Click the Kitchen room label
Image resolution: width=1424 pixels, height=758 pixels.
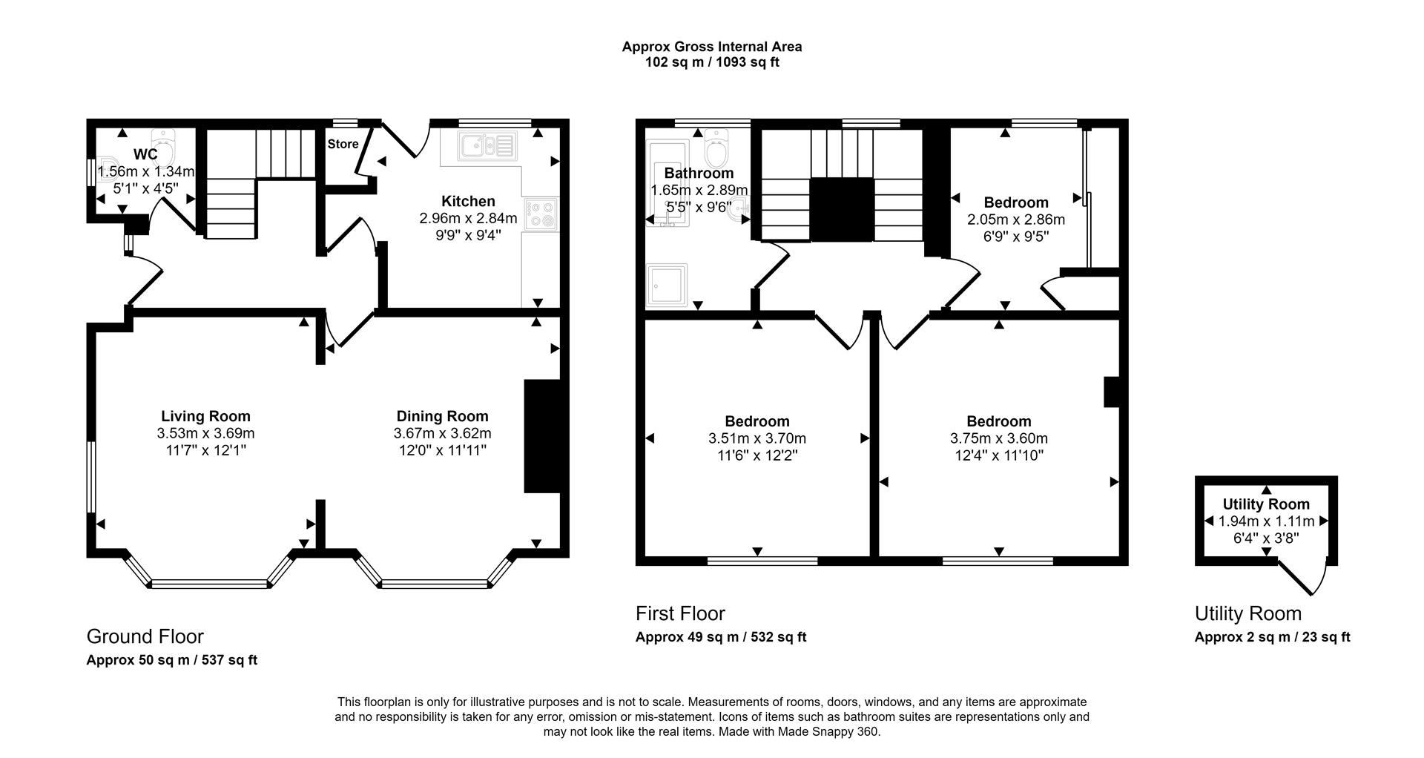(468, 201)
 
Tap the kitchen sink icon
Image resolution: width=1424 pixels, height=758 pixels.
(487, 146)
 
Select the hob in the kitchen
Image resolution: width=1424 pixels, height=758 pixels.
(541, 214)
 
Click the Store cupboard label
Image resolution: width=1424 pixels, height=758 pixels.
(343, 144)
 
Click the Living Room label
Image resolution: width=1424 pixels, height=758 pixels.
(205, 416)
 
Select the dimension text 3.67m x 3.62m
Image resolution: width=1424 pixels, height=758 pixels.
(442, 433)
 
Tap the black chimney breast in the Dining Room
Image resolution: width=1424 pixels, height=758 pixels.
(542, 436)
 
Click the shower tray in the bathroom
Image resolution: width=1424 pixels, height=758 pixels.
(667, 286)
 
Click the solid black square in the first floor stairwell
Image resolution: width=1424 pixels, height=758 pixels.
(841, 209)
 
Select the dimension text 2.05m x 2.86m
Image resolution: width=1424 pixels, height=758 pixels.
(1015, 220)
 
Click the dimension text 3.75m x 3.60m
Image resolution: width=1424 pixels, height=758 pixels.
(998, 438)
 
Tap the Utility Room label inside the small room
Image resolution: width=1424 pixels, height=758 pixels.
(1266, 504)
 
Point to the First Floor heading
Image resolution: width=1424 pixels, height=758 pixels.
(680, 613)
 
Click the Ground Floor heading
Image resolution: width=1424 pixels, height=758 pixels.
(145, 636)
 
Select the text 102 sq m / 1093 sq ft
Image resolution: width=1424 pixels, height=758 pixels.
(711, 62)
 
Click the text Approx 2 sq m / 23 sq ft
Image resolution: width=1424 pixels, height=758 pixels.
(1272, 637)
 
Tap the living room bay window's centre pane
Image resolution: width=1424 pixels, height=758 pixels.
(210, 584)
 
